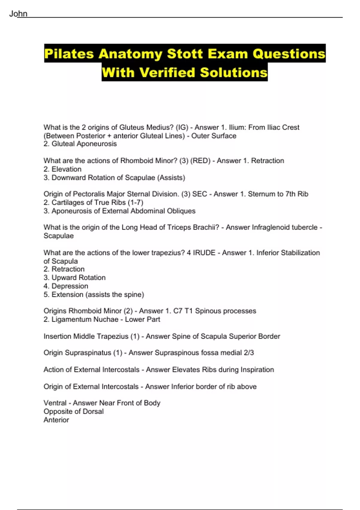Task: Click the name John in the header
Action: pos(18,14)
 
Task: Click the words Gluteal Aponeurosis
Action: pos(84,144)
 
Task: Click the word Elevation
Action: pos(66,169)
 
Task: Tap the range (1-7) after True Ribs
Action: pos(135,202)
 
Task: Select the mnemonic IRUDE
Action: pos(204,253)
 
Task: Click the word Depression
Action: pos(70,286)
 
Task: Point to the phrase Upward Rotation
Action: pos(78,278)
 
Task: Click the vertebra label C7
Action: pos(178,311)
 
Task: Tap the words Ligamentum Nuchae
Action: pos(85,319)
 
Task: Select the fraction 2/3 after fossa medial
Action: pos(249,353)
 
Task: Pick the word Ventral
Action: pos(55,403)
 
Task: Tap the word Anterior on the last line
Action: pos(56,420)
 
